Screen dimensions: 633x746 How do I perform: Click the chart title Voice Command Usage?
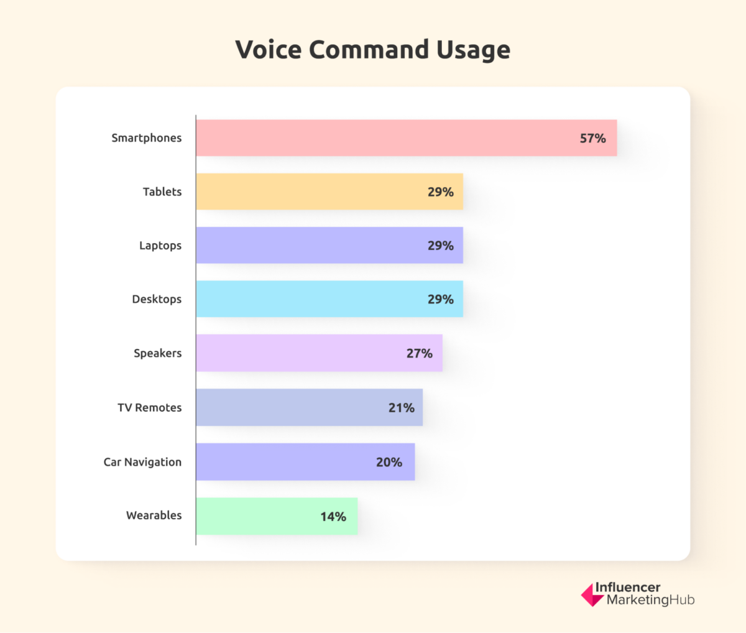click(x=372, y=50)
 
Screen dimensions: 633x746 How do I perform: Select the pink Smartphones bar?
click(x=385, y=138)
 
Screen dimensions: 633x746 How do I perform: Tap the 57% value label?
click(x=592, y=139)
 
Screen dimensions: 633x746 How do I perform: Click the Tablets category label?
click(x=162, y=192)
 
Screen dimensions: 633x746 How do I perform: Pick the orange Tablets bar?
click(x=311, y=192)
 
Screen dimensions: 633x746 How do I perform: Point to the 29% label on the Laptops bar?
click(x=440, y=246)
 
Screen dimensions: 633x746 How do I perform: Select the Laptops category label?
click(x=160, y=246)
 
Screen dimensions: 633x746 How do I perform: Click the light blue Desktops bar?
click(x=311, y=299)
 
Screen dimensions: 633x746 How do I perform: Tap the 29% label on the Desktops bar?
click(x=440, y=300)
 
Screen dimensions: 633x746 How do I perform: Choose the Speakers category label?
click(x=158, y=353)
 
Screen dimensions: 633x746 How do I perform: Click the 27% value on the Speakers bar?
click(x=419, y=353)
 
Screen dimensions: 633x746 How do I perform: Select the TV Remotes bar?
click(x=292, y=407)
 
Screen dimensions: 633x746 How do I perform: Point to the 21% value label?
click(x=401, y=408)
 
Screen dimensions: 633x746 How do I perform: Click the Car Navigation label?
click(x=142, y=462)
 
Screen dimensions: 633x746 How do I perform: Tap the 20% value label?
click(x=389, y=462)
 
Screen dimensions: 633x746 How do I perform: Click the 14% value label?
click(x=333, y=517)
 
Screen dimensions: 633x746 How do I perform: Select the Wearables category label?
click(x=154, y=515)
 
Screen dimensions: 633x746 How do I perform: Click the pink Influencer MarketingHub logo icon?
click(x=591, y=595)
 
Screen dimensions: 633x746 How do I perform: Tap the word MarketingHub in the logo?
click(x=650, y=600)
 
